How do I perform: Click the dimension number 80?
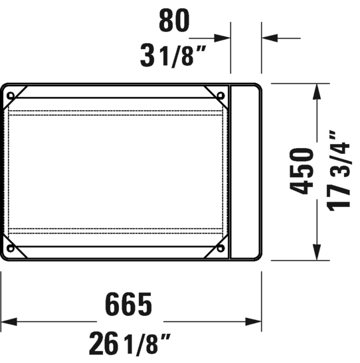pyautogui.click(x=174, y=22)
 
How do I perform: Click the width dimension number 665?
pyautogui.click(x=130, y=305)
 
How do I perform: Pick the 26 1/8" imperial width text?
pyautogui.click(x=130, y=343)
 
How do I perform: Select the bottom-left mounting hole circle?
pyautogui.click(x=11, y=249)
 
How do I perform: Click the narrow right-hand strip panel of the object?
pyautogui.click(x=244, y=171)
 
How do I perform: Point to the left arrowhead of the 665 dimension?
pyautogui.click(x=8, y=323)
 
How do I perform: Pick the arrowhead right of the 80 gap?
pyautogui.click(x=269, y=38)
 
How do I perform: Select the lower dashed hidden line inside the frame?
pyautogui.click(x=116, y=230)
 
